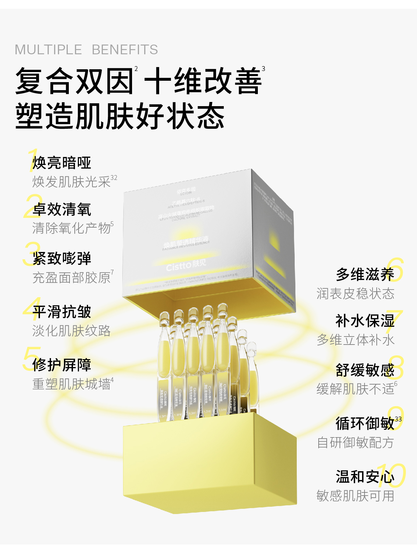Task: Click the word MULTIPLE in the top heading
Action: tap(48, 50)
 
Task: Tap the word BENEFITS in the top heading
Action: tap(125, 50)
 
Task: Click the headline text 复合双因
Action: tap(74, 81)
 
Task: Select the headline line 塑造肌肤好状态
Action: tap(120, 116)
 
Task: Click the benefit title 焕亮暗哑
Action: tap(62, 163)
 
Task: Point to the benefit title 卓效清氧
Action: tap(62, 210)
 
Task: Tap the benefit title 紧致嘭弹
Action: tap(62, 259)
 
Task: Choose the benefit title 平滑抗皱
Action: tap(62, 312)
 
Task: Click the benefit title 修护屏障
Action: tap(62, 365)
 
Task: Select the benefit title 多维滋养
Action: tap(365, 275)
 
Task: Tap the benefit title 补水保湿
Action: tap(365, 321)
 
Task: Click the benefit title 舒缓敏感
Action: tap(365, 370)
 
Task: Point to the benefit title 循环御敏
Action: tap(365, 424)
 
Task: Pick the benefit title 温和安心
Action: tap(365, 477)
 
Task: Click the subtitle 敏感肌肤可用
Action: tap(355, 496)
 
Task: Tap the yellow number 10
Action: tap(392, 476)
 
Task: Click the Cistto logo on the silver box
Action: tap(186, 266)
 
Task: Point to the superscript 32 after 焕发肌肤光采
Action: tap(114, 178)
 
